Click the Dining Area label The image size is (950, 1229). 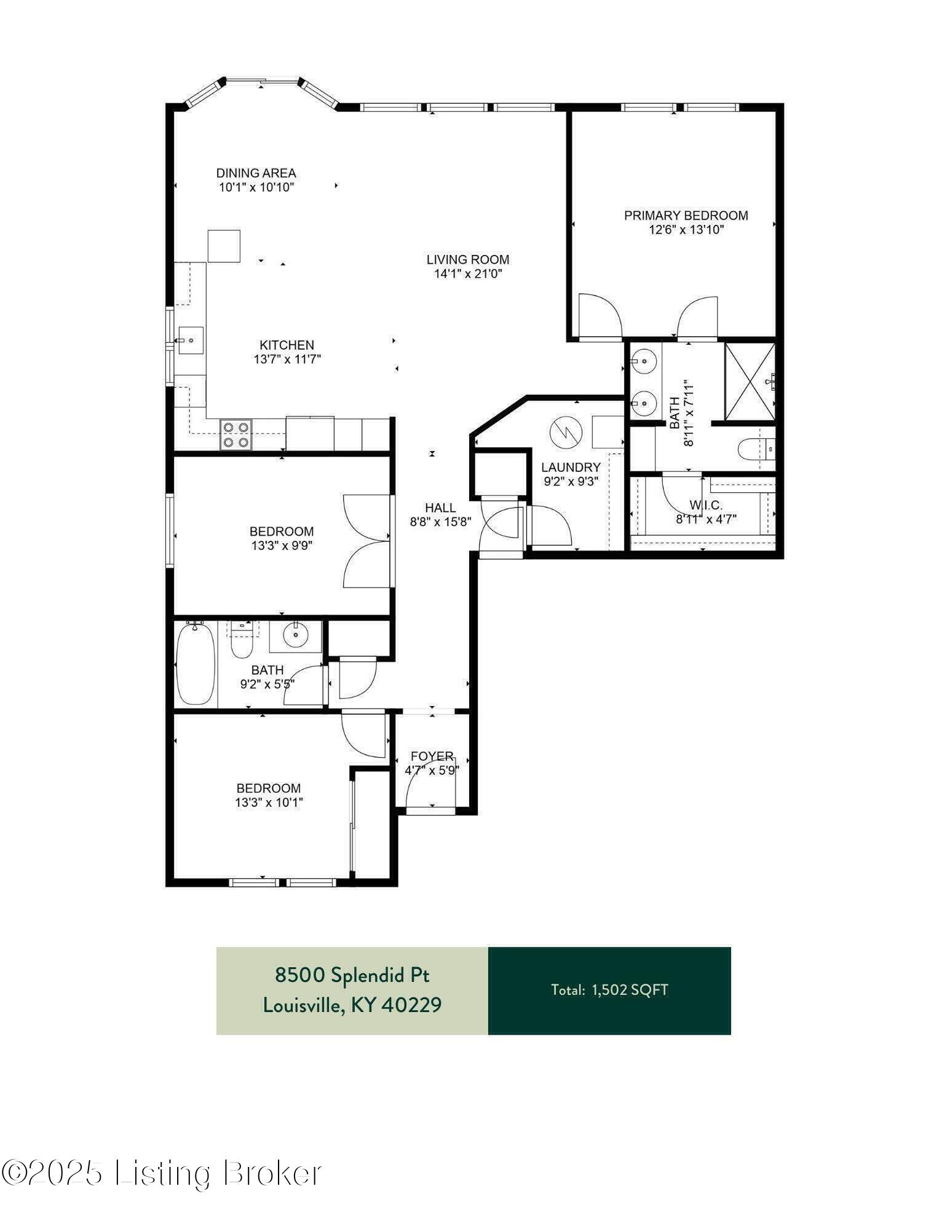[x=256, y=173]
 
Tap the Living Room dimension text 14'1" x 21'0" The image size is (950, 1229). [x=468, y=274]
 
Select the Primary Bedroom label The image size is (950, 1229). [x=686, y=216]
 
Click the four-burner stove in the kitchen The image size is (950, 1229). [x=237, y=434]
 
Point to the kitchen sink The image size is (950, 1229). [x=191, y=340]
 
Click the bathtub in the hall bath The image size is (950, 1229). [x=196, y=664]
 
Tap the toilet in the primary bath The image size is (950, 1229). [x=756, y=450]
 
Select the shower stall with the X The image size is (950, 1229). [x=750, y=382]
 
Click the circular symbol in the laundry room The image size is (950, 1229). [x=564, y=432]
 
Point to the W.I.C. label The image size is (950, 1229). [x=706, y=505]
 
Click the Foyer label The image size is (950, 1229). [x=432, y=756]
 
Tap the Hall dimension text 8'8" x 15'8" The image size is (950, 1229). [x=441, y=522]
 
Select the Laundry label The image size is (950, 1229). [x=571, y=468]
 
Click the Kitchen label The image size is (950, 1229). [x=287, y=345]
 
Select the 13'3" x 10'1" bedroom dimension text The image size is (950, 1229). [x=269, y=802]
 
